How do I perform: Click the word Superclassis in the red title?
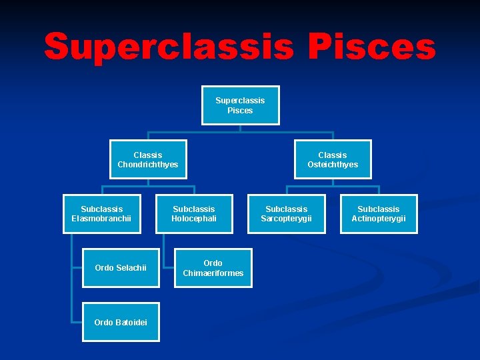169,48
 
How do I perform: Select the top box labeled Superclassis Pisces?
240,105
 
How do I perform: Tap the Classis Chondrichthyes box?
148,159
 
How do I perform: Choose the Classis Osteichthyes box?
333,159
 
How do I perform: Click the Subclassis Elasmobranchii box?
102,214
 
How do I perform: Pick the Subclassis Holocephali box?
194,214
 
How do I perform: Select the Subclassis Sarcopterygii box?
287,214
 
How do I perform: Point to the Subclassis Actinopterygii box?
379,214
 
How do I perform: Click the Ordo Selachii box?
121,268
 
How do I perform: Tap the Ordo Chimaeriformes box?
213,268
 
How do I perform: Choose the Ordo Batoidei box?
121,323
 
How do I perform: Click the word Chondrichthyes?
148,165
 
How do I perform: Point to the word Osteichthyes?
333,165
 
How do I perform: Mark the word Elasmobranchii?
102,219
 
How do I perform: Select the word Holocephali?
194,219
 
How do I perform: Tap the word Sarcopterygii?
287,219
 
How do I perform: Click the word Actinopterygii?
379,219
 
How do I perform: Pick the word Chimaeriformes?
213,273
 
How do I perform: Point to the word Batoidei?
131,323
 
